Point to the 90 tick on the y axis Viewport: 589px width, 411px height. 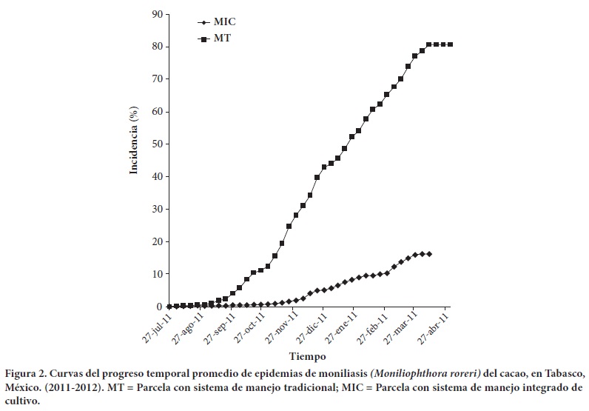click(157, 14)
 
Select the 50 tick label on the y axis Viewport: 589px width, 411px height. click(157, 144)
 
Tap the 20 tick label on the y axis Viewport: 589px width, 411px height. click(157, 241)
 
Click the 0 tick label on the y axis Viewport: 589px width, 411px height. click(160, 307)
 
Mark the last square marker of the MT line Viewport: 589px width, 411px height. click(451, 44)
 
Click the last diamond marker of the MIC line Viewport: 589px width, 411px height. click(429, 254)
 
